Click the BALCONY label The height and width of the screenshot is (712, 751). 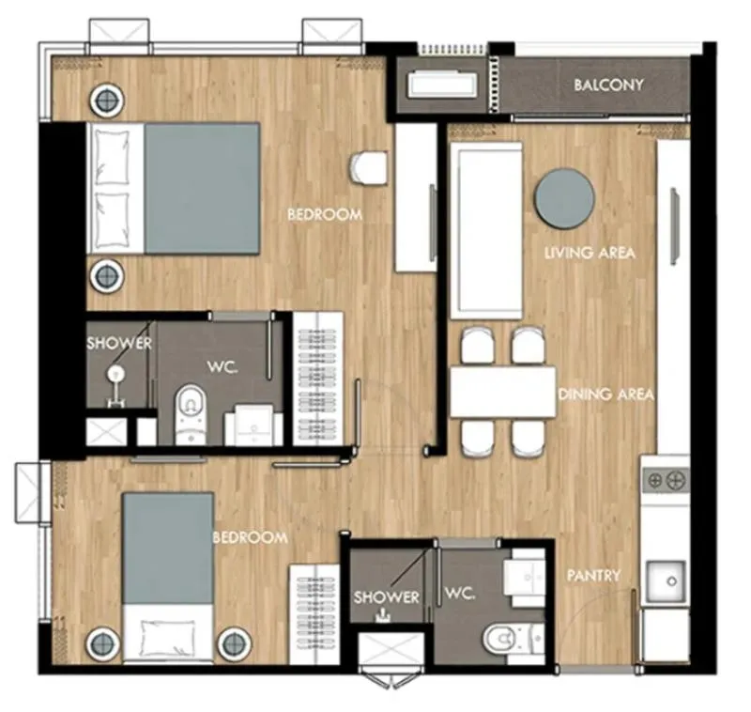[608, 85]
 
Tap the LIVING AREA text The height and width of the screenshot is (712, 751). [590, 253]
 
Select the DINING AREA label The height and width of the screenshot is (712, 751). [606, 395]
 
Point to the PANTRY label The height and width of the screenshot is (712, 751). [593, 575]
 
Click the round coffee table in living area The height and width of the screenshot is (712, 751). [564, 198]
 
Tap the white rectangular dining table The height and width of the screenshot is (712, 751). [503, 392]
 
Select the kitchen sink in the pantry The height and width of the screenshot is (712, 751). [667, 581]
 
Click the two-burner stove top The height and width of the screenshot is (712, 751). [666, 480]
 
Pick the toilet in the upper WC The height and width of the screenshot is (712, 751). [191, 414]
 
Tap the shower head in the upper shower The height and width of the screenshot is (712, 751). [115, 373]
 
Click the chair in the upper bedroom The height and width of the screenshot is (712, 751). [368, 167]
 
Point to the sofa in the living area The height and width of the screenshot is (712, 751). [486, 230]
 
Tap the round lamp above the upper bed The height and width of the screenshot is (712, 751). [107, 101]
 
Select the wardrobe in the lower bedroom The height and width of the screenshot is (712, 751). [314, 614]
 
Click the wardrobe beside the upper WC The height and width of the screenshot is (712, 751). [318, 379]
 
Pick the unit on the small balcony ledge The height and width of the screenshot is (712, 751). [442, 85]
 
